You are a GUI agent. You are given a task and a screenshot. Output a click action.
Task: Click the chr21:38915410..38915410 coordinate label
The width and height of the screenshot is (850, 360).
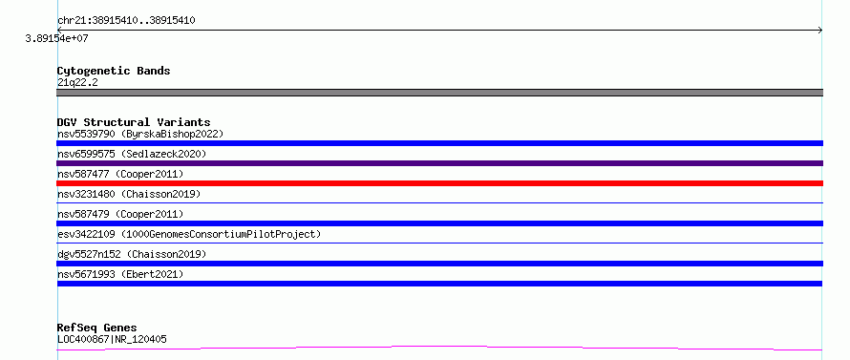[126, 21]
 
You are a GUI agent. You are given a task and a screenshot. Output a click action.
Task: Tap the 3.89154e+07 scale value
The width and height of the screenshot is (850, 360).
[56, 38]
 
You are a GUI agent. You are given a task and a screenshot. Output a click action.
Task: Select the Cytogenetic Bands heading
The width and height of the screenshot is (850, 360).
[114, 71]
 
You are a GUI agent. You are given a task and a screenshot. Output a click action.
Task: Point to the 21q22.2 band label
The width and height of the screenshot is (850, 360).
[77, 83]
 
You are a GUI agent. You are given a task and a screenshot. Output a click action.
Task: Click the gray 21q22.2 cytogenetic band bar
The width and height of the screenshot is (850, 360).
[439, 93]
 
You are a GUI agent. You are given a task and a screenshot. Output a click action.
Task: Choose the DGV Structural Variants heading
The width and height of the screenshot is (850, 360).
[134, 122]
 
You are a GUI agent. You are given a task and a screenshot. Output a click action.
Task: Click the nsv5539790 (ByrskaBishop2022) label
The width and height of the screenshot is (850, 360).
[140, 134]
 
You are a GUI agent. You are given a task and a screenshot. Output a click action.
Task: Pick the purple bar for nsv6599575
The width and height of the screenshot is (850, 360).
[439, 163]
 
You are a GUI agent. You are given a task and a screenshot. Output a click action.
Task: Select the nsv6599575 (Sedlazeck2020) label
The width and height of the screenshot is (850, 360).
[132, 154]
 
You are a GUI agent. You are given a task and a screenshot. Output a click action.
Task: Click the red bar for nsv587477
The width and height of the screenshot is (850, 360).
[439, 183]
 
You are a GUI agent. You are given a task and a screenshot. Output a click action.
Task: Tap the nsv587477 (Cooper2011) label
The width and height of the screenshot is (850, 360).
[120, 174]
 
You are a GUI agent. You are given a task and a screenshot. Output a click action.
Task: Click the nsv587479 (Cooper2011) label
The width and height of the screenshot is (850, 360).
[120, 214]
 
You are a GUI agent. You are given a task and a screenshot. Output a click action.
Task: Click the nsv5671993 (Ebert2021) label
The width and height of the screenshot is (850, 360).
[120, 274]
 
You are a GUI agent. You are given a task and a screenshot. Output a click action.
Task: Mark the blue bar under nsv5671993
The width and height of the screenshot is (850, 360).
[439, 284]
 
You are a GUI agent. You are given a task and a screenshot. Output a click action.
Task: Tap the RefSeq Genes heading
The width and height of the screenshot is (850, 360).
[96, 328]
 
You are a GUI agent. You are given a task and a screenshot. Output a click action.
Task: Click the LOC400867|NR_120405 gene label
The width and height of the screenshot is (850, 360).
[112, 339]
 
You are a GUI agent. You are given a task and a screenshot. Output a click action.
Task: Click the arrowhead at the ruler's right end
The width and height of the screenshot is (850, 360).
[821, 31]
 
